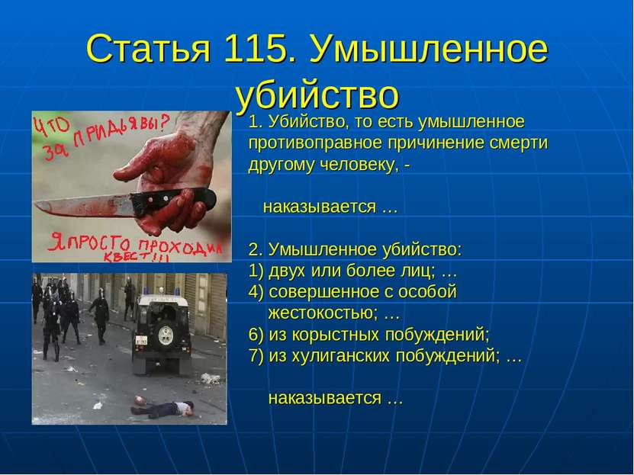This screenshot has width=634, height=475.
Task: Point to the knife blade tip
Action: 35,206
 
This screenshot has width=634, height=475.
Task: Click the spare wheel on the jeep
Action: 166,335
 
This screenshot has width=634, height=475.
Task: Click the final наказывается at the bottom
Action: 325,399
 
